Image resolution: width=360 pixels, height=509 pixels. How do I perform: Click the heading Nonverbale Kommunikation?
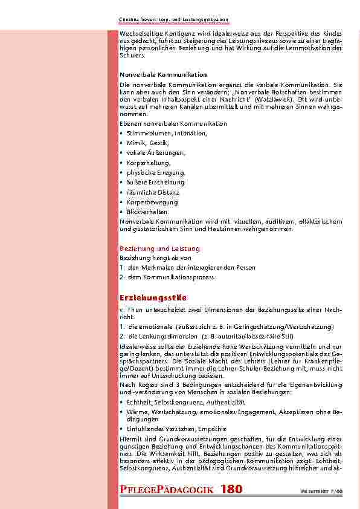coord(155,74)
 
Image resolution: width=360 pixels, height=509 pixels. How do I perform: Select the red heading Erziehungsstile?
coord(153,298)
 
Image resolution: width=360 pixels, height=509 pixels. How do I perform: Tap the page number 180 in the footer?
coord(232,490)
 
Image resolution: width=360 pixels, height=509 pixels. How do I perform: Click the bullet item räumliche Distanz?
coord(152,192)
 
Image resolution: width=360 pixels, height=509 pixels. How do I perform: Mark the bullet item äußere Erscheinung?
coord(155,182)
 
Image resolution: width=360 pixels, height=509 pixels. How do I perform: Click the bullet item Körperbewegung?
coord(152,202)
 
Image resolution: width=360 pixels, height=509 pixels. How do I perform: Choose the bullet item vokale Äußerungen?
coord(156,153)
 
